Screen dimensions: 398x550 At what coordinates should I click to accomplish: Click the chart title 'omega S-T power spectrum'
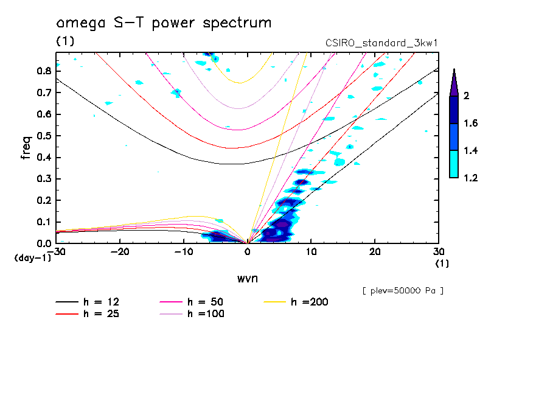pos(164,23)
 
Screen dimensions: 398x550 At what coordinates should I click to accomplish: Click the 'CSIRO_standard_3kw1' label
pos(382,43)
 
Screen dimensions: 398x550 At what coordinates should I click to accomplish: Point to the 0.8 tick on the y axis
pos(43,71)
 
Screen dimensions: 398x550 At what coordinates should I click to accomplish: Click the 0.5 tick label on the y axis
pos(43,135)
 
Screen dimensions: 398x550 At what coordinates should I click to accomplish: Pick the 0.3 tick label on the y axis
pos(43,178)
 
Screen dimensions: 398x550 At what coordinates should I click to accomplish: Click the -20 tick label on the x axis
pos(120,251)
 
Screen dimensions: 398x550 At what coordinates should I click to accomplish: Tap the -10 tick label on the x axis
pos(184,251)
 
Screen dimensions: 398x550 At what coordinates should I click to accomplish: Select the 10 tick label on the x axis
pos(311,251)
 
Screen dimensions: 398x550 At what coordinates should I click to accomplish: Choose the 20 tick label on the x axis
pos(375,251)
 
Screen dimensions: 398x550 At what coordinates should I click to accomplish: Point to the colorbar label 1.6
pos(470,124)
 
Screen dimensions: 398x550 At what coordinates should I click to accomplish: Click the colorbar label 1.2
pos(470,178)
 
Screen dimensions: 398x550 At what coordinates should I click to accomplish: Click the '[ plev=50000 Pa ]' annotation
pos(403,291)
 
